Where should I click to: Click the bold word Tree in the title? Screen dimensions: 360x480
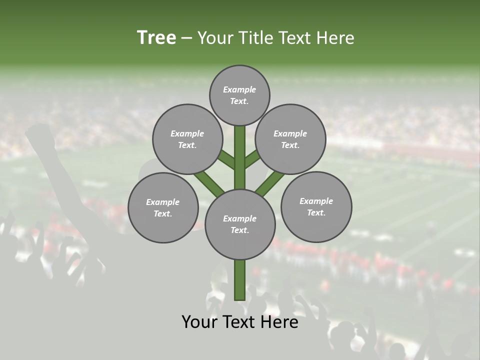(x=156, y=37)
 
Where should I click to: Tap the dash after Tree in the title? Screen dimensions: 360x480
(x=187, y=38)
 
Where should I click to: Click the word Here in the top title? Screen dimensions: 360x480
(x=337, y=37)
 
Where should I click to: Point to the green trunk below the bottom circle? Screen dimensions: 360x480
(x=240, y=280)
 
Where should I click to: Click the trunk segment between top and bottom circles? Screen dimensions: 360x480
(x=240, y=157)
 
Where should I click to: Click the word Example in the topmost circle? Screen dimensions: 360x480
(x=239, y=89)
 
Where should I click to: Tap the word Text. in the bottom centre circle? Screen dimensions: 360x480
(x=239, y=230)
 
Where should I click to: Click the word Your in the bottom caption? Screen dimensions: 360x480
(x=198, y=322)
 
